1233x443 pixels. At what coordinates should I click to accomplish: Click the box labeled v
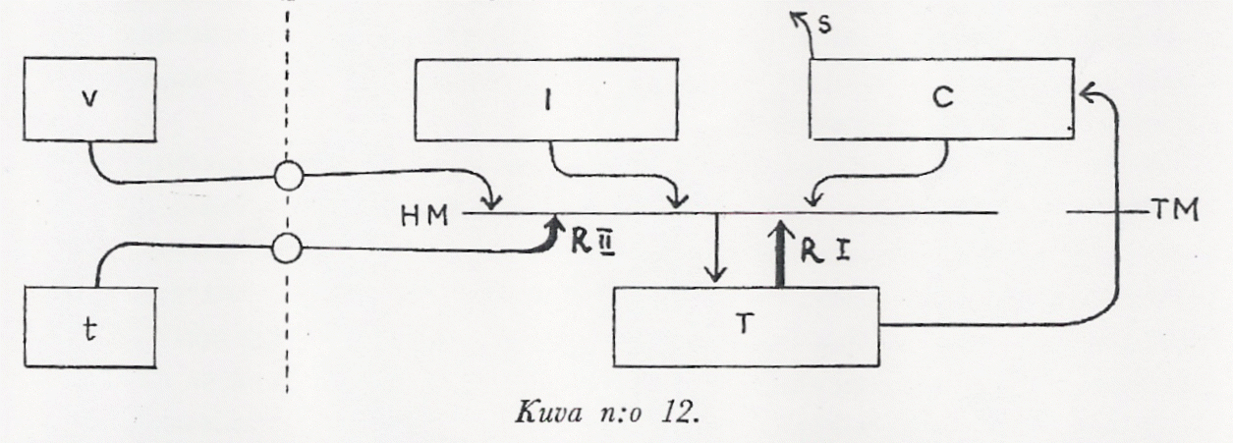click(x=90, y=101)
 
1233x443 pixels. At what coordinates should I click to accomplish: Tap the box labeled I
click(x=546, y=100)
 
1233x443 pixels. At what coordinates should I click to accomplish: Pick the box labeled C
click(x=940, y=99)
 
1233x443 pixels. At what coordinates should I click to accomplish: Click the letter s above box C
click(x=825, y=24)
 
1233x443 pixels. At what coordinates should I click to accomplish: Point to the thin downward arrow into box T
click(x=718, y=249)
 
